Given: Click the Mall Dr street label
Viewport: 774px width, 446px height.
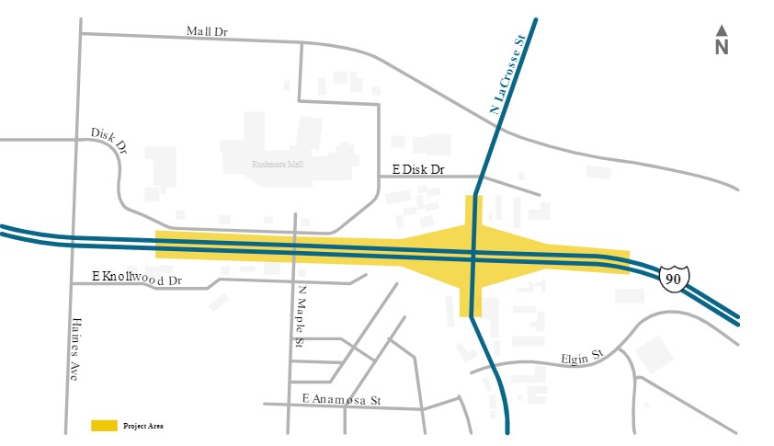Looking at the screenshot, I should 207,31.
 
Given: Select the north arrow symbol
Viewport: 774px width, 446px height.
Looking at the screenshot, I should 722,30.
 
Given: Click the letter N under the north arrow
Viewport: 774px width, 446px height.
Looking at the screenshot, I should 722,48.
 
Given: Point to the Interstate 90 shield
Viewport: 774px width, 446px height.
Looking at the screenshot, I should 674,277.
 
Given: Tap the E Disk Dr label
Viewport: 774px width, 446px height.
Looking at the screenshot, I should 418,170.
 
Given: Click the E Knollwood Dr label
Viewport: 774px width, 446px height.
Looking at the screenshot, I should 138,277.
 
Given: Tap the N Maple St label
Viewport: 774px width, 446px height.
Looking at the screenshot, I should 301,315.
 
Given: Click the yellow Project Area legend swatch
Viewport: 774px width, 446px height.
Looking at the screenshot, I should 104,426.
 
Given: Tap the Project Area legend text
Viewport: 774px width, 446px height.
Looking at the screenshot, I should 142,426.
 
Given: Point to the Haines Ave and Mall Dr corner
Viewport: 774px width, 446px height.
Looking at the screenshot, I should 81,34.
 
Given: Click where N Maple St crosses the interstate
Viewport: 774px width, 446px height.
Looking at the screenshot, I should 294,246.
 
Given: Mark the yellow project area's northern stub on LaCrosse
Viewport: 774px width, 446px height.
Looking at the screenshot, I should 473,210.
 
